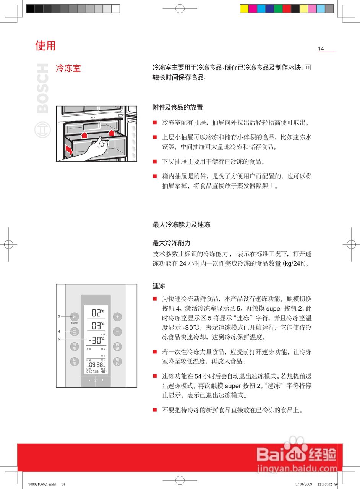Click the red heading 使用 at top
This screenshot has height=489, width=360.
click(45, 46)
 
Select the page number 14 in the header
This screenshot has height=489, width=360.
click(321, 49)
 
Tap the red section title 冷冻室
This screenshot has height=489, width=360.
click(68, 69)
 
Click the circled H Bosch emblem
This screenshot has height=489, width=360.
click(42, 130)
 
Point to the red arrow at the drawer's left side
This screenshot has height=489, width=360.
click(69, 149)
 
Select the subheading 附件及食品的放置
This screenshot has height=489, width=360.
click(178, 108)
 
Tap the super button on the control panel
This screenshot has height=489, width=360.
click(75, 317)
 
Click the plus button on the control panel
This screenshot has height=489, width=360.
click(117, 317)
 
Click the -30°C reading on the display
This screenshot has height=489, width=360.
click(96, 340)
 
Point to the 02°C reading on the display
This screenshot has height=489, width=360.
click(97, 313)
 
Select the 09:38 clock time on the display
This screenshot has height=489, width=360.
click(96, 364)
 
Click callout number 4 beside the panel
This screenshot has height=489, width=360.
click(59, 332)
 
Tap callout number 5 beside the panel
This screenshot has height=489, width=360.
click(59, 339)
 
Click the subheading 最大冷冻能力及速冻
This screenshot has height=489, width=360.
click(182, 225)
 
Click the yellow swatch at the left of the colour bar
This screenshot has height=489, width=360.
click(244, 9)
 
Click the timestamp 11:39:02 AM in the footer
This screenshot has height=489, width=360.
click(327, 484)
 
